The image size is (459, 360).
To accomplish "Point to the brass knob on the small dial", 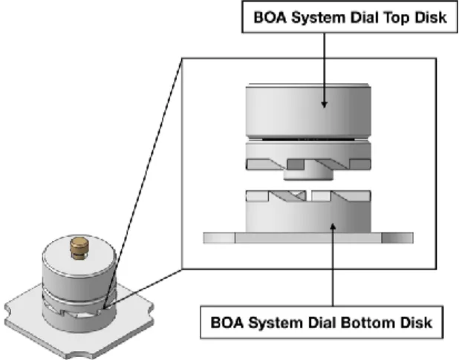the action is [79, 248].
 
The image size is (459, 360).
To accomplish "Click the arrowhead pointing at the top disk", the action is [324, 104].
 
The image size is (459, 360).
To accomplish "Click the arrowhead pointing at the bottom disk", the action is [333, 227].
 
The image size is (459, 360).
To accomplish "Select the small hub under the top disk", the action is [308, 174].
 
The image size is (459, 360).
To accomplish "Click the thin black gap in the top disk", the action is [308, 139].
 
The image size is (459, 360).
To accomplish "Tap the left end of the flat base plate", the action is [204, 238].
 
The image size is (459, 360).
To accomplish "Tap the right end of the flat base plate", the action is [413, 238].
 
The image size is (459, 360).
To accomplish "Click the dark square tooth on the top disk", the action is [296, 164].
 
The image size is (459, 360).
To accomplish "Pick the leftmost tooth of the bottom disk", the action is [257, 196].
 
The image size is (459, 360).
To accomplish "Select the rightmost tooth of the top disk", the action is [360, 164].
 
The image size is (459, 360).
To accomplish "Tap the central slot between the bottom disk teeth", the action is [309, 196].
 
